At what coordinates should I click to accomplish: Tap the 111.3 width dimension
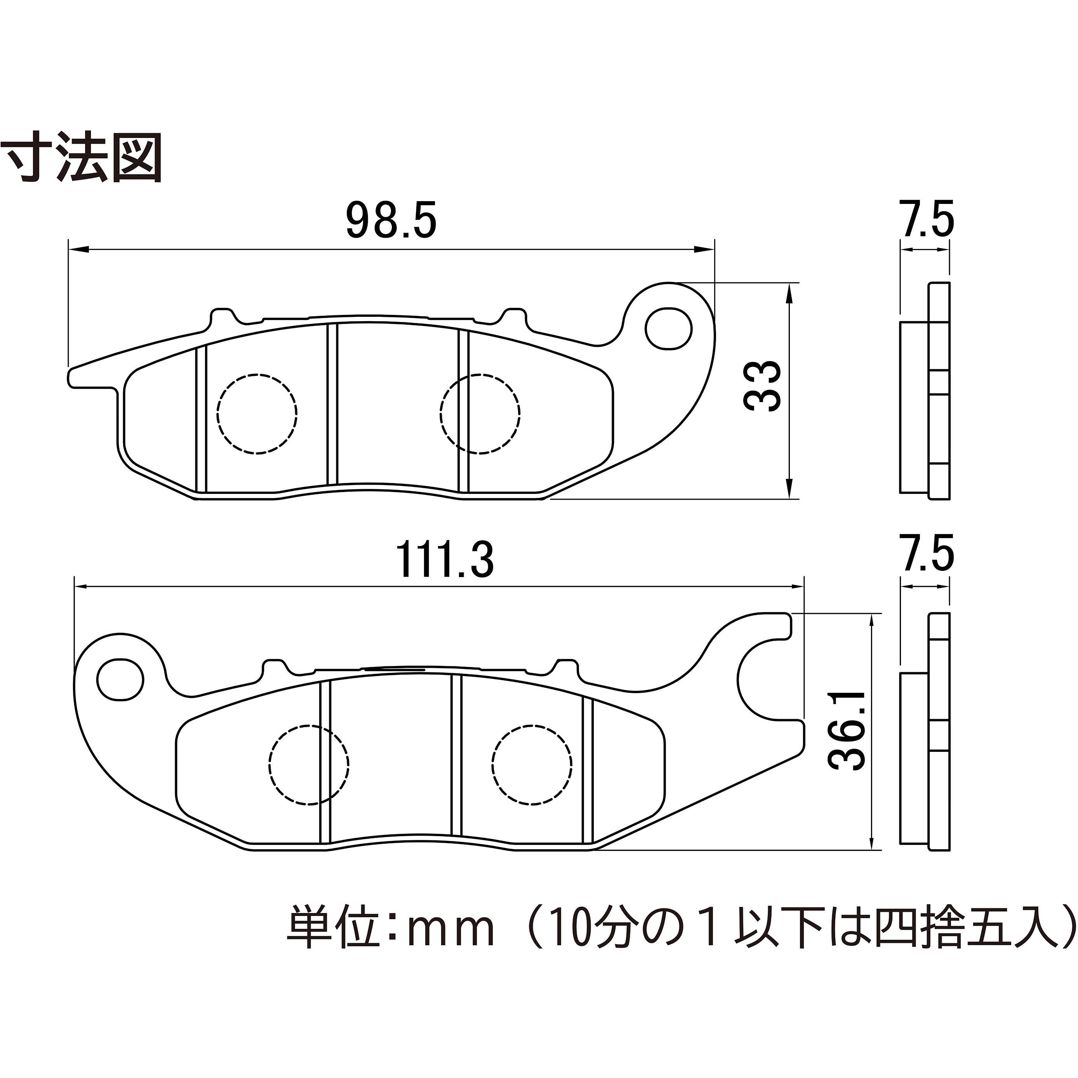click(x=445, y=560)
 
